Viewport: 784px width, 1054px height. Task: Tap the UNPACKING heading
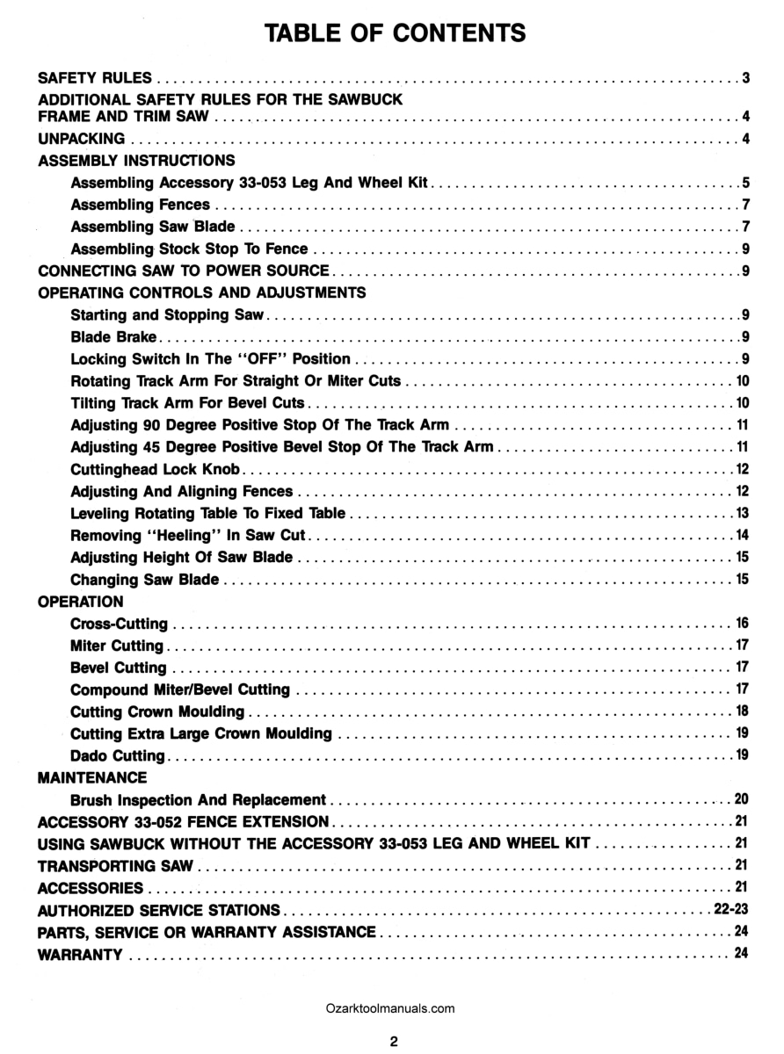82,139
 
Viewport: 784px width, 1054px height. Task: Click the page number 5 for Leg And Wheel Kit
744,184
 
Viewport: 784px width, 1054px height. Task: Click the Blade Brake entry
114,336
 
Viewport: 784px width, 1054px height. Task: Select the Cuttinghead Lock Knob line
156,469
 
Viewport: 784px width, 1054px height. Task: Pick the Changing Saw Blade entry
145,580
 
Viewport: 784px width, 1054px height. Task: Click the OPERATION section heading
81,602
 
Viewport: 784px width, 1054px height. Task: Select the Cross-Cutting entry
119,624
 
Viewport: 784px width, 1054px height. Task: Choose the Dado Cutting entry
118,755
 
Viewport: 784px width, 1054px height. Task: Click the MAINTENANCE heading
93,777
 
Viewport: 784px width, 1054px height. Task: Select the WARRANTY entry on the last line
80,955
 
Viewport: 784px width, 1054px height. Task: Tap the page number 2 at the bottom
395,1042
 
